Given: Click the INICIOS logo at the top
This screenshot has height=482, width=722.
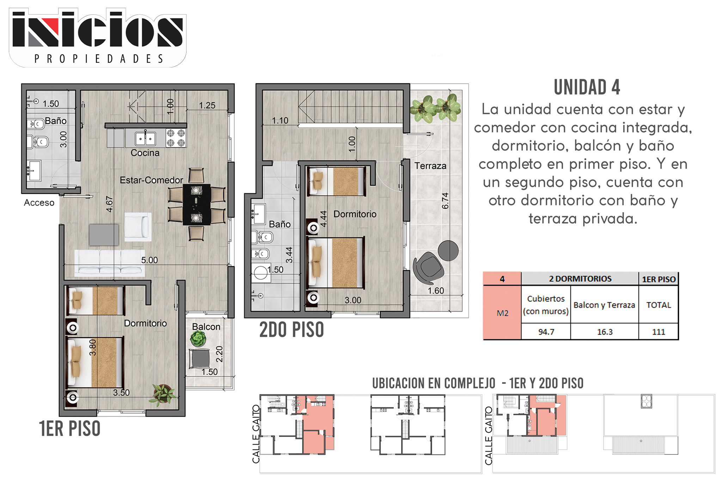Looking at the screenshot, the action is click(x=98, y=37).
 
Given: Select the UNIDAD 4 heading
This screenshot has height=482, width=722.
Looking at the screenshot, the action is click(x=587, y=87).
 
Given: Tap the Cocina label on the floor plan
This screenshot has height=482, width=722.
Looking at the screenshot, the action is click(x=145, y=153).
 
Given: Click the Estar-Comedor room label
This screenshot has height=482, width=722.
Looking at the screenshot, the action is click(x=151, y=180).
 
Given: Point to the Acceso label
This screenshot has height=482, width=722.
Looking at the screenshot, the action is click(x=39, y=203).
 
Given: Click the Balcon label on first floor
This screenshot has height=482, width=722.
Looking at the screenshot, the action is click(x=206, y=327).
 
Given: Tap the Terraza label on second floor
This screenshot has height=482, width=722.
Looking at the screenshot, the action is click(x=430, y=166).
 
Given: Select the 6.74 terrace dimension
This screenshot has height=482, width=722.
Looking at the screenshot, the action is click(x=445, y=201).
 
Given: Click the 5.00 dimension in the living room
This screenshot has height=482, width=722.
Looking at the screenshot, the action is click(x=149, y=260).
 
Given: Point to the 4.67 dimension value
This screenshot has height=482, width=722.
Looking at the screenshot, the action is click(x=110, y=204).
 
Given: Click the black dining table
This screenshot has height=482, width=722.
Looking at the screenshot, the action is click(x=197, y=204).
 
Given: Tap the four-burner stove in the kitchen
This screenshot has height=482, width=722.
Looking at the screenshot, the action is click(x=176, y=138).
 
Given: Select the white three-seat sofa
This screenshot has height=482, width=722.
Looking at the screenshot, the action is click(x=110, y=263).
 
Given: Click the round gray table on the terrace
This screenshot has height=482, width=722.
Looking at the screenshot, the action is click(x=448, y=251).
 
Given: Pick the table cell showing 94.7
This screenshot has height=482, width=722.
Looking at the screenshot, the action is click(x=546, y=332).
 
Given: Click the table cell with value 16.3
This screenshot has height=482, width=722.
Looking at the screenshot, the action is click(x=605, y=332).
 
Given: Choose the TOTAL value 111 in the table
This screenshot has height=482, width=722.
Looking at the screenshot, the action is click(x=659, y=332).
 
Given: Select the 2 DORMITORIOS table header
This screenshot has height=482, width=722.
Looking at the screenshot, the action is click(x=580, y=279).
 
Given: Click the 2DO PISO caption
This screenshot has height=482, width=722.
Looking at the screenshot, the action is click(x=292, y=330).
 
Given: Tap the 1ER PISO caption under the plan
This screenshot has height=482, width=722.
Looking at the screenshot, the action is click(x=70, y=429).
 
